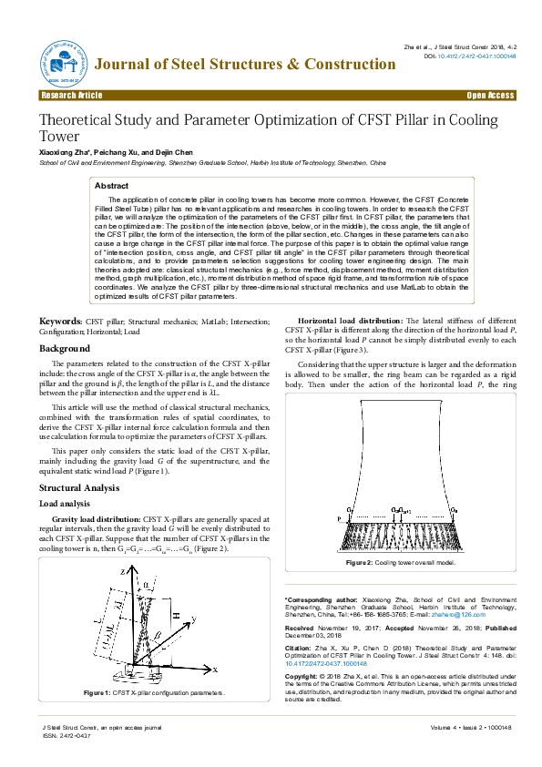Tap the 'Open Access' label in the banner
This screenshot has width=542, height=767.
490,95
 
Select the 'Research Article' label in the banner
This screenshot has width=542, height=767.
72,95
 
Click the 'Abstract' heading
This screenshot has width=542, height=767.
112,186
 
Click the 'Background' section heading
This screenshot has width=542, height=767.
64,348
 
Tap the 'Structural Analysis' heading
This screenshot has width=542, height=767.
78,487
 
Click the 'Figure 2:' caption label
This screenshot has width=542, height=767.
363,564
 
